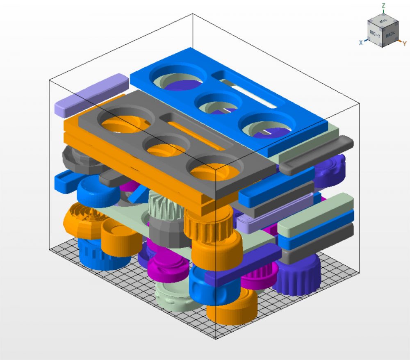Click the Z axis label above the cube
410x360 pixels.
pyautogui.click(x=383, y=6)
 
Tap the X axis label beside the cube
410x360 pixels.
pyautogui.click(x=361, y=42)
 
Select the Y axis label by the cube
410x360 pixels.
pyautogui.click(x=404, y=43)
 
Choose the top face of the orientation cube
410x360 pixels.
pyautogui.click(x=383, y=21)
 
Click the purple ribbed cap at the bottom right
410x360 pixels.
pyautogui.click(x=297, y=275)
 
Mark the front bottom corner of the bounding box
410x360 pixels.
pyautogui.click(x=216, y=339)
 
